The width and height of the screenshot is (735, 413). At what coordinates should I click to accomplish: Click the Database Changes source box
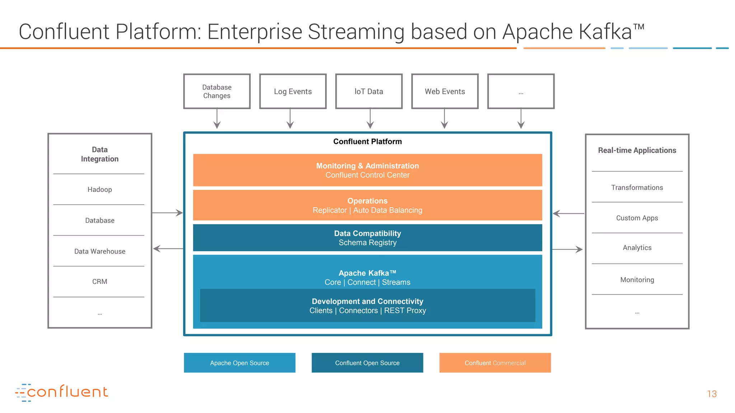(217, 91)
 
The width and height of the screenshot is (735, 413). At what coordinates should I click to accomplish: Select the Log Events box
(293, 91)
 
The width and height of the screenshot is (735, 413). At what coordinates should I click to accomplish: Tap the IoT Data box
(369, 91)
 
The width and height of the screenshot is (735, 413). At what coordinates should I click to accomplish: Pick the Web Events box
(445, 91)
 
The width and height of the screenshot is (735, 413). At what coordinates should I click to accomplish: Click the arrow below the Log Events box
(290, 119)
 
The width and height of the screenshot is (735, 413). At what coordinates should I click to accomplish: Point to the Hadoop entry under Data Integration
(100, 190)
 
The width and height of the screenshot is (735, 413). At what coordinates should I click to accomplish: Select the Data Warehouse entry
(100, 251)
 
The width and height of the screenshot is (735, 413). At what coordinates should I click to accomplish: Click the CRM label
(100, 282)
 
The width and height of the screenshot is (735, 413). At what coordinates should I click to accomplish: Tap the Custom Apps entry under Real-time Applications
(637, 218)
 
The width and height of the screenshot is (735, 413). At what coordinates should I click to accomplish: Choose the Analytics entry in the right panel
(637, 248)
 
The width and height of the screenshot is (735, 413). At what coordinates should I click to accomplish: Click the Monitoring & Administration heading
(367, 166)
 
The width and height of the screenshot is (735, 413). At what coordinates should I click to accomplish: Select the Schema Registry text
(367, 243)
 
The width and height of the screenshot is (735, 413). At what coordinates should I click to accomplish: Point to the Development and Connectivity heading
(367, 302)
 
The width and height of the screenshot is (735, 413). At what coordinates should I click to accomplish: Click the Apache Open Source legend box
(239, 363)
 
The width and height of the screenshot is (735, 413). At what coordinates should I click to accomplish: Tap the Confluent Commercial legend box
(495, 363)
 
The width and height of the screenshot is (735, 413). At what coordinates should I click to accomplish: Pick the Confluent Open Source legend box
(367, 363)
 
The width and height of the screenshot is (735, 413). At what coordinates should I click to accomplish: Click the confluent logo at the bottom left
(62, 392)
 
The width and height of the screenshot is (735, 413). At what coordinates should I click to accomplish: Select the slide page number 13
(712, 394)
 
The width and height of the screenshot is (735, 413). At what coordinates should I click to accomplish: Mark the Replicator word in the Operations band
(329, 210)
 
